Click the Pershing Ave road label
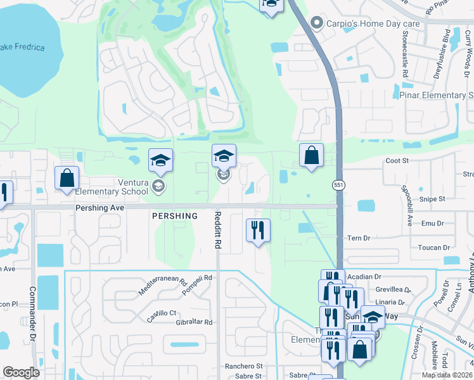point(99,207)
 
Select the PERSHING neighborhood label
point(175,215)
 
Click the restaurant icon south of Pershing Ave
point(258,230)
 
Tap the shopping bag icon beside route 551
point(311,155)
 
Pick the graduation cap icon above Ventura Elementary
point(160,161)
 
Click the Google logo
point(22,372)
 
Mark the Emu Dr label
point(434,223)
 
